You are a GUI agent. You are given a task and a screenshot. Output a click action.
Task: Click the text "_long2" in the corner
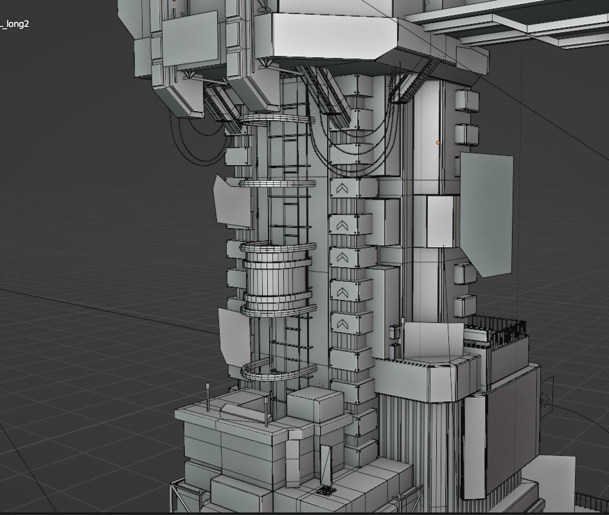pos(15,24)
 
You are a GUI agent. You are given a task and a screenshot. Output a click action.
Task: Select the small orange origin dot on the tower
pos(438,143)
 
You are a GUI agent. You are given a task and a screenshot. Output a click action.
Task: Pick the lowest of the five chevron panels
pos(341,323)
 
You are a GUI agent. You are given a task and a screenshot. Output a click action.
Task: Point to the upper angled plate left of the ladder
pos(233,202)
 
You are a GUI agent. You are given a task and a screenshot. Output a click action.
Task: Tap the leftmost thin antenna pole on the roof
pos(207,396)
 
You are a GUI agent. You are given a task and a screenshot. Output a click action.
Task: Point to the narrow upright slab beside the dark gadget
pos(326,464)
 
